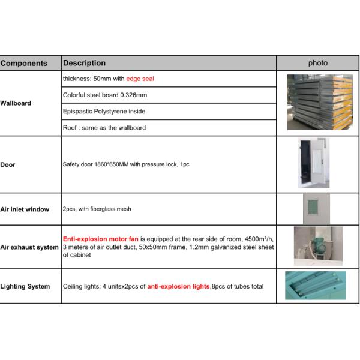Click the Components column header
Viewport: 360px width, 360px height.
(24, 63)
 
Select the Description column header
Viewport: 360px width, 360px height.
(84, 63)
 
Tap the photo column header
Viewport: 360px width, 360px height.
(318, 63)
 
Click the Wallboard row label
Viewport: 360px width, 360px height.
(16, 103)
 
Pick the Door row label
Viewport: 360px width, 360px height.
(8, 164)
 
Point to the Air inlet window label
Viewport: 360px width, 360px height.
(25, 209)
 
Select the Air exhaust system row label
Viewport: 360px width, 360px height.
(30, 247)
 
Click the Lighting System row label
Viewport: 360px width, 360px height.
(25, 286)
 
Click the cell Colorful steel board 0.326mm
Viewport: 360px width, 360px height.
(105, 95)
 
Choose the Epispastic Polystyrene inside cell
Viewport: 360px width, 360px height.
(104, 111)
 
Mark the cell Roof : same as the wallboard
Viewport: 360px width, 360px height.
(104, 127)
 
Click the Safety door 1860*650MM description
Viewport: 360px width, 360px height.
(126, 164)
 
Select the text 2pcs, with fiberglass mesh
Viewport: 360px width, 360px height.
(97, 209)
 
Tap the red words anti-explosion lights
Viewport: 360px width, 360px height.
(179, 286)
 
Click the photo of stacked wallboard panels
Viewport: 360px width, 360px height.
(318, 102)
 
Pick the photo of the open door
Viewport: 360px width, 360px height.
(314, 163)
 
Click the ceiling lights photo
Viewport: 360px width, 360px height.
(316, 286)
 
